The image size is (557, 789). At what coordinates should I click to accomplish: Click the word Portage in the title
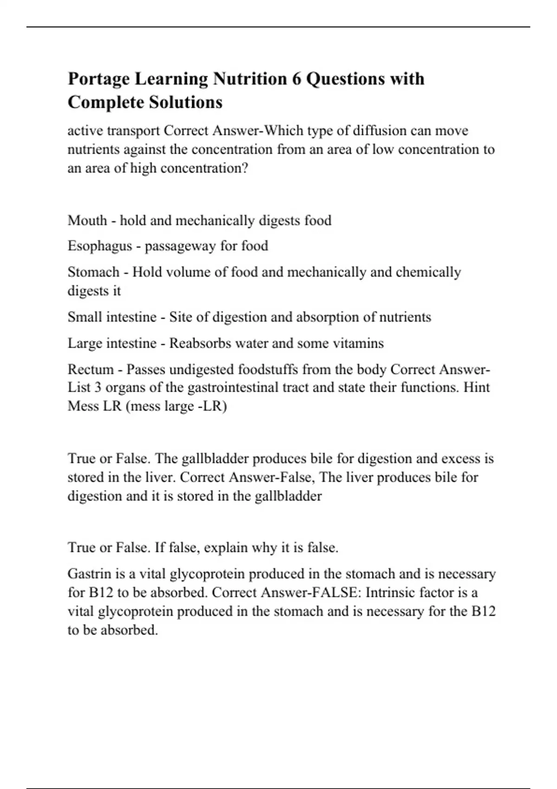98,79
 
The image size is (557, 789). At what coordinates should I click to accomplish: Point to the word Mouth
87,220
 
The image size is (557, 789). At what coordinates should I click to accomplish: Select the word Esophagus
100,246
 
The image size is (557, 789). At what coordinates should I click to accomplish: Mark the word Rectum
90,369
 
